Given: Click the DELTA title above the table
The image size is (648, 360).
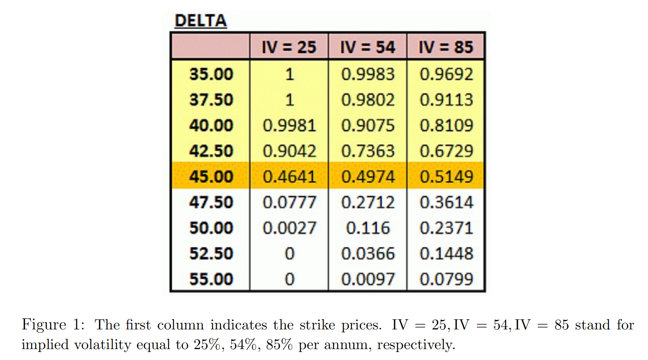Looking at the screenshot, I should point(201,21).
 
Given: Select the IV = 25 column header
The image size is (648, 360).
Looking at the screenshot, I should point(289,47).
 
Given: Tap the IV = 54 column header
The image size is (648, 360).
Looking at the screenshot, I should point(367,47).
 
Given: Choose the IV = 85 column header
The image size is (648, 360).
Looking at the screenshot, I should point(446,47).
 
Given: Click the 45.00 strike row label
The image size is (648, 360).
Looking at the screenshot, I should point(211,176).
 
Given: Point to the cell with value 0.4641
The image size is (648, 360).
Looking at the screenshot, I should point(289,176).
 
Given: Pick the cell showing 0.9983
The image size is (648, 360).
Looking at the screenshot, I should point(368,74).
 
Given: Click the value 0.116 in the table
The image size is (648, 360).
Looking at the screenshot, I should point(368,228).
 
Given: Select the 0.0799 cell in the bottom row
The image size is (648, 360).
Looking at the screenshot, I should point(446,279).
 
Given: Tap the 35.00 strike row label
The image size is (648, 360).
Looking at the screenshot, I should point(211,74).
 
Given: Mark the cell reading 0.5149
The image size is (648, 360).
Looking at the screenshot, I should point(446,176).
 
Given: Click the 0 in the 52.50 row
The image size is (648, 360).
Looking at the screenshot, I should point(289,253).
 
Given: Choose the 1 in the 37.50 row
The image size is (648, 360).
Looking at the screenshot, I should point(289,100).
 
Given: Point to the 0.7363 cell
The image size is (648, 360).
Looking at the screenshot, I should point(368,151).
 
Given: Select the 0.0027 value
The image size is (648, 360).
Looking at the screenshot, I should point(289,228).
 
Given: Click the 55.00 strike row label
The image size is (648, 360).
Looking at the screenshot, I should point(211,279).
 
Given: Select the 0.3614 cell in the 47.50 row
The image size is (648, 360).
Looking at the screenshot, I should point(446,202).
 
